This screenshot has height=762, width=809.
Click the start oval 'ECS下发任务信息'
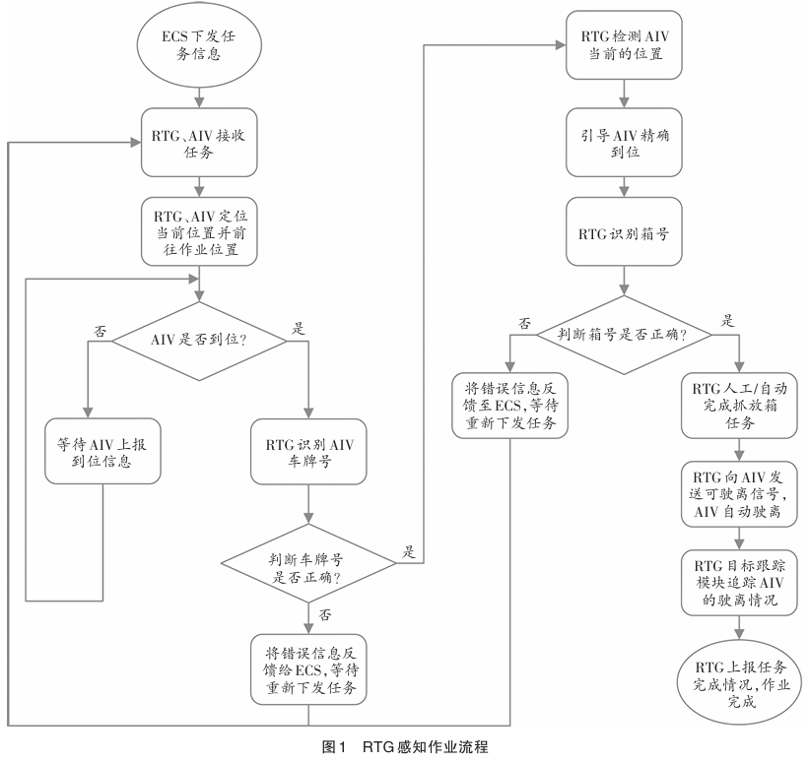pos(199,45)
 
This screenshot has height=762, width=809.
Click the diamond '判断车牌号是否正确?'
pos(309,564)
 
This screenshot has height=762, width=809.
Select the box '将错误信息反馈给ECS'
pos(309,667)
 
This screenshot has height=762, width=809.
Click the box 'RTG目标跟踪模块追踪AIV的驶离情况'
pos(738,581)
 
